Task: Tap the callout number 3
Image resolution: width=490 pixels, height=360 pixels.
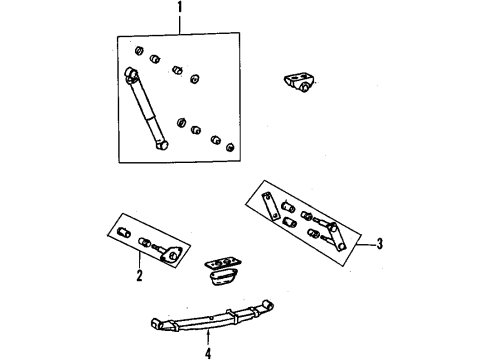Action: tap(382, 243)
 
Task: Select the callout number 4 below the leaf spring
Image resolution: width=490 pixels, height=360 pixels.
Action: tap(208, 353)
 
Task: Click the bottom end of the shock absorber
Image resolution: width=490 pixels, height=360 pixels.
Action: tap(159, 145)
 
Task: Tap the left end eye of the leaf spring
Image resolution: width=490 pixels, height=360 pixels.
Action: tap(157, 323)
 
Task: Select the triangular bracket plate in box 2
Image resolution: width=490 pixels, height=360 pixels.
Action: tap(172, 255)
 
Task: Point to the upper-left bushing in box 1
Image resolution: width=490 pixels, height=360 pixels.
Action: tap(137, 51)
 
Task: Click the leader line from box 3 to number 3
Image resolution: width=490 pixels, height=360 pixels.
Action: tap(362, 243)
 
